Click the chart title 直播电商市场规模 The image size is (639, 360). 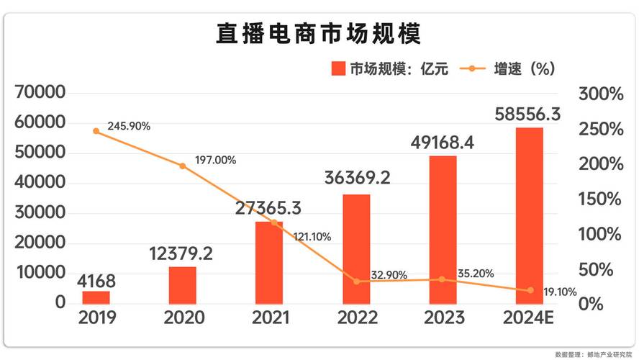pos(319,34)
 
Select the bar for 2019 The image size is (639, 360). pos(96,297)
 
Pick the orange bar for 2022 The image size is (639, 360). pos(355,248)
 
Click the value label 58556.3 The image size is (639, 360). pos(529,114)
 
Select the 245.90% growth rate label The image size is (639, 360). pos(129,126)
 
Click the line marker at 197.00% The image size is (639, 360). pos(182,166)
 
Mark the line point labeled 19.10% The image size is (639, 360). pos(530,290)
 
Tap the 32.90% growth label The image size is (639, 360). pos(389,274)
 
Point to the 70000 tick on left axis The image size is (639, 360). pos(41,94)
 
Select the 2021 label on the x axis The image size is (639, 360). pos(270,318)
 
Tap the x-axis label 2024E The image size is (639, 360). pos(529,318)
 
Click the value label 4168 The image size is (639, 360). pos(96,280)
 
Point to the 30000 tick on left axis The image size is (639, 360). pos(41,214)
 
